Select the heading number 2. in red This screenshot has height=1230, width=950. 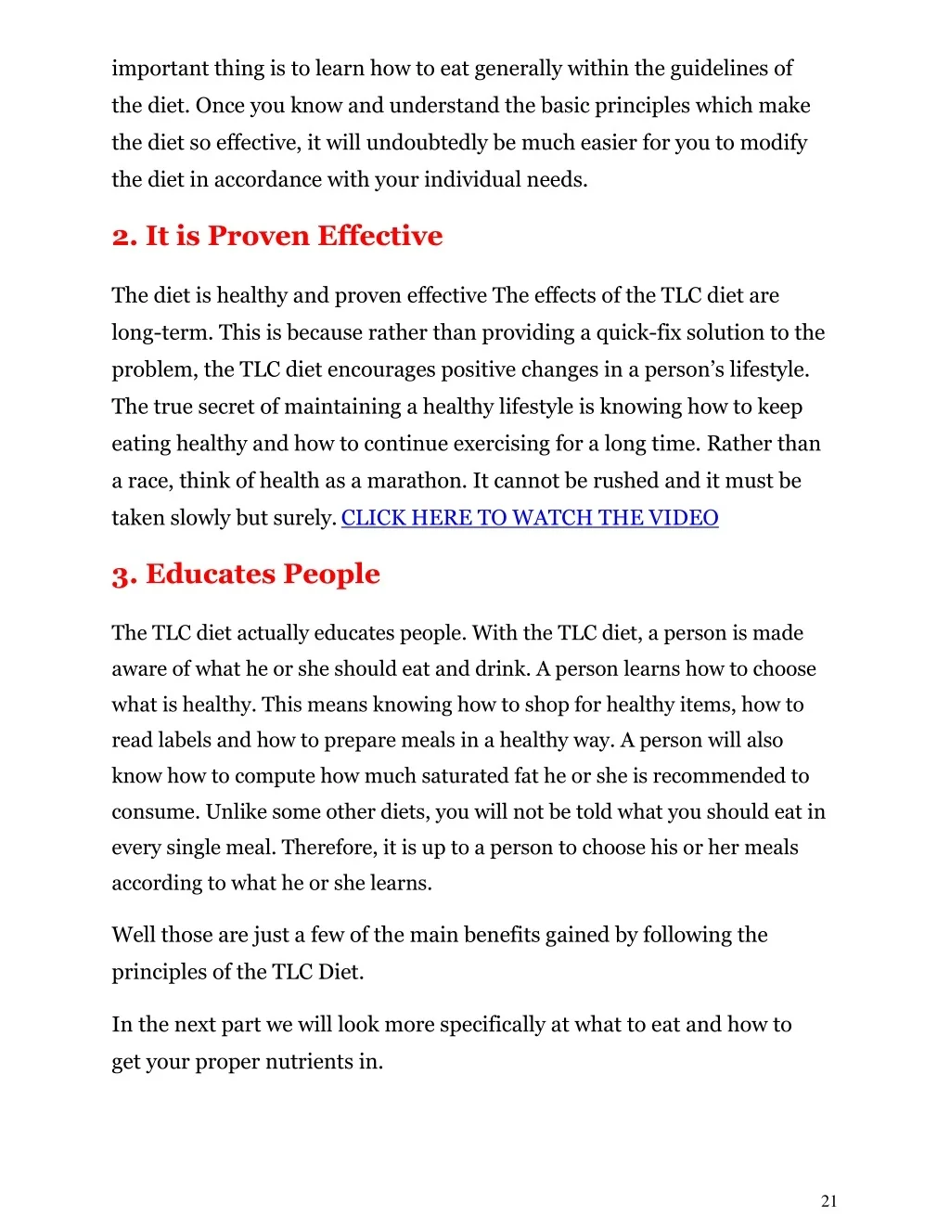(x=124, y=237)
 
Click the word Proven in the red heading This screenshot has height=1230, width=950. (x=259, y=236)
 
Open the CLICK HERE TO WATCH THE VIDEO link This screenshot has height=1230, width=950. (x=530, y=518)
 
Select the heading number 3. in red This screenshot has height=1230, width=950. (x=124, y=576)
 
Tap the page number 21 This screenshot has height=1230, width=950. (x=828, y=1201)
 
